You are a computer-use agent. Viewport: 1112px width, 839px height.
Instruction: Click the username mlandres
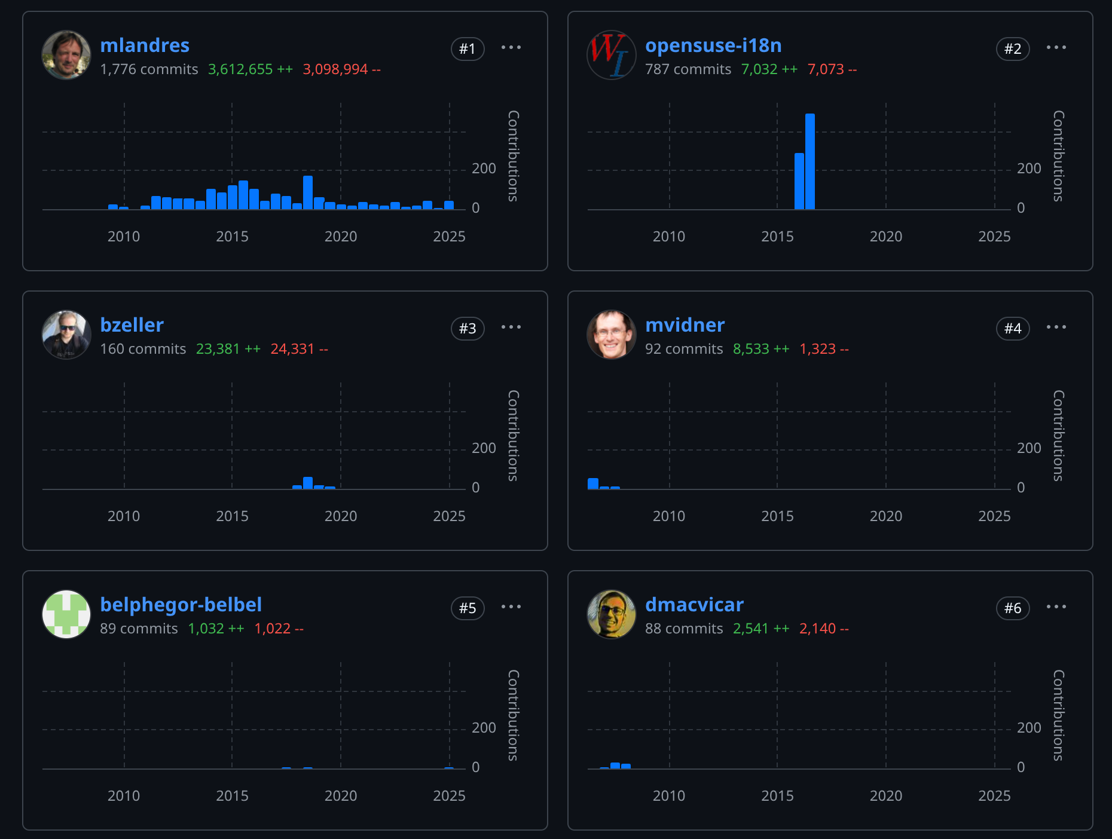point(145,45)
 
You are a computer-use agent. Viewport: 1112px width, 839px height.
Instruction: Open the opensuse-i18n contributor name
point(713,45)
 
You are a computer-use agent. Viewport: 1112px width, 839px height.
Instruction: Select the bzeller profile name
point(132,325)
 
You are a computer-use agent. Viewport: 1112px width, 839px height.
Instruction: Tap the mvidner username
point(685,325)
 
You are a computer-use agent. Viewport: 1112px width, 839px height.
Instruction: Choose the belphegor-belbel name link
point(181,605)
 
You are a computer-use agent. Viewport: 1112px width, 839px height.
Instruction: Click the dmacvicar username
point(694,605)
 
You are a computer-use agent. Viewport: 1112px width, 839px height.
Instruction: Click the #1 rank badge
point(467,49)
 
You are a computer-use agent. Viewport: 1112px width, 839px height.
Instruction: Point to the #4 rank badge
point(1012,329)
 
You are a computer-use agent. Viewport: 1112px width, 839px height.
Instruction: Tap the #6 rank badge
point(1012,608)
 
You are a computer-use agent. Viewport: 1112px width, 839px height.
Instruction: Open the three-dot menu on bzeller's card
point(511,327)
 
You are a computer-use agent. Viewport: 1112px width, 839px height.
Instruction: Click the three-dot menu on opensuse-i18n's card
point(1056,48)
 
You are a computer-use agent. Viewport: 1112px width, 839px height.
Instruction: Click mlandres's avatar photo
point(66,55)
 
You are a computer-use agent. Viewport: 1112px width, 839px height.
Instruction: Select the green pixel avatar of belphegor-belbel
point(66,614)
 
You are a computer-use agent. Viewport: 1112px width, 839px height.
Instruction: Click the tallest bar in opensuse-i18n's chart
point(810,161)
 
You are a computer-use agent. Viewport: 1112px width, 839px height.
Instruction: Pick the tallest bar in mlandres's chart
point(308,192)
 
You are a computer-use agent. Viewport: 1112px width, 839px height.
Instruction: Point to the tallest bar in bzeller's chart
point(308,483)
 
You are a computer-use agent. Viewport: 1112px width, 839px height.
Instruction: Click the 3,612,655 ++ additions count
point(250,69)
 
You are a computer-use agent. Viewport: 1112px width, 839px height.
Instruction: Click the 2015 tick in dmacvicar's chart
point(777,796)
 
